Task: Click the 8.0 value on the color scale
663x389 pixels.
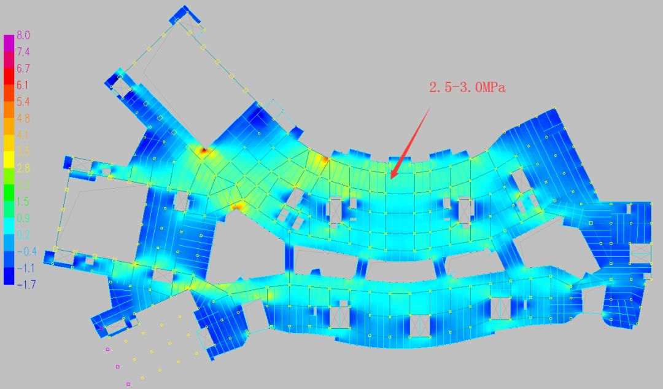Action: [23, 36]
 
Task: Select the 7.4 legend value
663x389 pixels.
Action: [23, 52]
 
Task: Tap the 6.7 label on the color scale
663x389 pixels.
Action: [23, 69]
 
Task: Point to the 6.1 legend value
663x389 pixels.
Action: [23, 85]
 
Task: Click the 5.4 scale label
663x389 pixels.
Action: [23, 102]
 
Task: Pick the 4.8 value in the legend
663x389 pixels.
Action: [23, 119]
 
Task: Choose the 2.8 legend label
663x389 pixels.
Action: [23, 168]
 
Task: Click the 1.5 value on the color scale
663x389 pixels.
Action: [23, 202]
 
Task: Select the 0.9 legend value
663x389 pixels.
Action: [23, 218]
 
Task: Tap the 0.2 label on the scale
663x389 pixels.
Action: [23, 235]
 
